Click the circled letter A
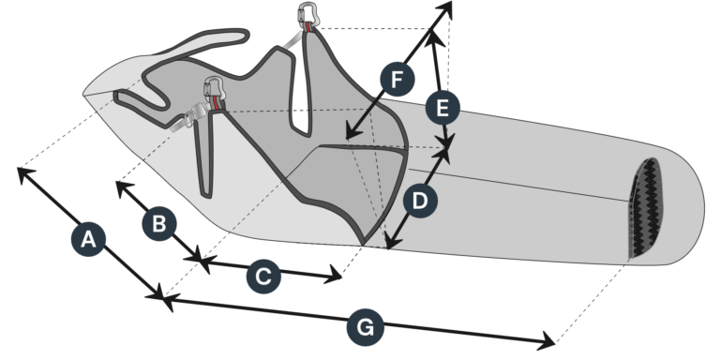coord(88,239)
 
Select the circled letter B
coord(158,223)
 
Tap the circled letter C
coord(263,277)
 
